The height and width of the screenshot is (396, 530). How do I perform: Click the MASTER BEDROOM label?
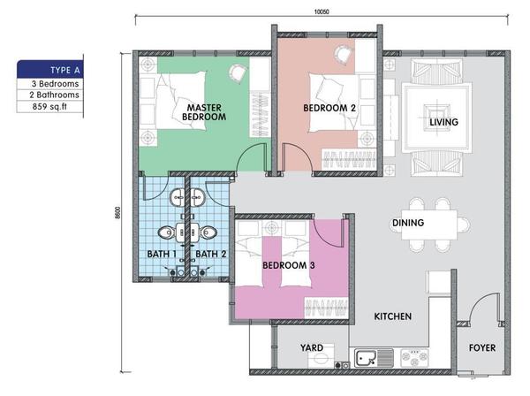[x=204, y=112]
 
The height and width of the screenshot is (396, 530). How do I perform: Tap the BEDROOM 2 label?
[x=329, y=108]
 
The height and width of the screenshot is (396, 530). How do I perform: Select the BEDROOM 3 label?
[x=289, y=265]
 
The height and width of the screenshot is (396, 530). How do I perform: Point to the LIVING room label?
[x=443, y=122]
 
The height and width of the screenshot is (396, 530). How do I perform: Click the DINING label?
[x=408, y=223]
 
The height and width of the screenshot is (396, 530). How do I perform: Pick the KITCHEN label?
[x=393, y=316]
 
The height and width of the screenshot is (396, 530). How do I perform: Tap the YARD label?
[x=312, y=347]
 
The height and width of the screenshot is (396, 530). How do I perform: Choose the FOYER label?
[x=482, y=347]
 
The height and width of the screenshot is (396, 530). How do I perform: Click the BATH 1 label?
[x=162, y=254]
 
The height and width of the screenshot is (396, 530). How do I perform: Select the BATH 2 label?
[x=211, y=254]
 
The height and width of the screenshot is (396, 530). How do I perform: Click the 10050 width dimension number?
[x=322, y=11]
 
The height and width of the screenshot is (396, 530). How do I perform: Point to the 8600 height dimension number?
[x=117, y=213]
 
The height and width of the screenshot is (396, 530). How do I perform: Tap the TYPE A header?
[x=65, y=71]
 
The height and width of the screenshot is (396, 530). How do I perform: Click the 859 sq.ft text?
[x=49, y=107]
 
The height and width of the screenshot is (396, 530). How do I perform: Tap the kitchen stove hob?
[x=414, y=359]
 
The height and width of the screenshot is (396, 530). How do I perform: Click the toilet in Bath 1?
[x=166, y=232]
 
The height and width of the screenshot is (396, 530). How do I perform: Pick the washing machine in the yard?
[x=322, y=356]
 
